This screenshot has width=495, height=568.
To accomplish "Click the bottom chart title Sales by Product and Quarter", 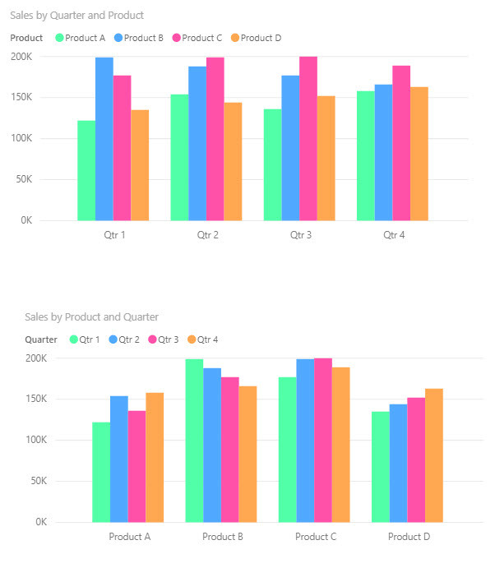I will coord(91,316).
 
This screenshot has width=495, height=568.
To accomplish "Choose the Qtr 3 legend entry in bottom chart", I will coord(168,339).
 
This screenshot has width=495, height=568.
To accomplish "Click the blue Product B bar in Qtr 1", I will coord(104,139).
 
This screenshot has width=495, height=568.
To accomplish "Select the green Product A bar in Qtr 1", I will coord(86,170).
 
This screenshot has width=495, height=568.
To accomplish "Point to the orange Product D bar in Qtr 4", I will coord(419,154).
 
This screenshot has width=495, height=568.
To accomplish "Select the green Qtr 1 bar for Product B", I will coord(194,441).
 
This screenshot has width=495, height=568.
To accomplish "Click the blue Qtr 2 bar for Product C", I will coord(305,441).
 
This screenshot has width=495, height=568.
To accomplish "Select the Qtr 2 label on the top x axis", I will coord(207,235).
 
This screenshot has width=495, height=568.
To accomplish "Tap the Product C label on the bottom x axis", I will coord(316,537).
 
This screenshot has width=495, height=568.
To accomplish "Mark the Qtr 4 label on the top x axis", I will coord(394,235).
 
